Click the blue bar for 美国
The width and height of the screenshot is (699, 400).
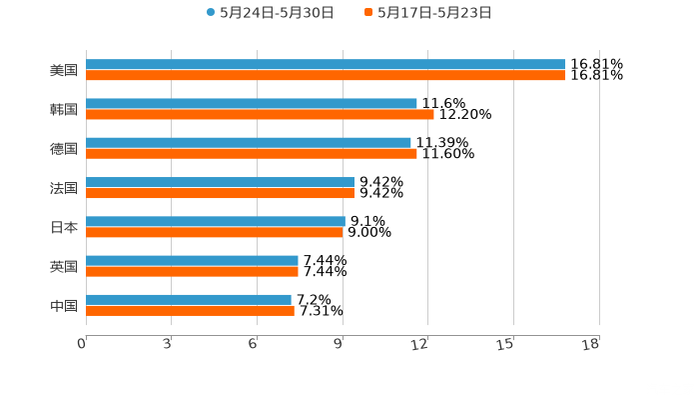coord(326,64)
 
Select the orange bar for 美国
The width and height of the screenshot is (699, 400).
coord(326,75)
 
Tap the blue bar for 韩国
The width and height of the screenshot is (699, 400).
coord(252,103)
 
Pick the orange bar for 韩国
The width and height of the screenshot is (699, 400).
coord(260,114)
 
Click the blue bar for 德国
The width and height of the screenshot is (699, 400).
coord(249,142)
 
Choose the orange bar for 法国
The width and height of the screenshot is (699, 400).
coord(220,193)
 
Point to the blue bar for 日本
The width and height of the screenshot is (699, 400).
coord(216,221)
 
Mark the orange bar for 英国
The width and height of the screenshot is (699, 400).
coord(192,271)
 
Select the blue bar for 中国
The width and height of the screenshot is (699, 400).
coord(189,299)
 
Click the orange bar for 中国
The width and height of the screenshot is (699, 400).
coord(190,310)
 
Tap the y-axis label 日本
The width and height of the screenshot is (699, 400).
coord(64,227)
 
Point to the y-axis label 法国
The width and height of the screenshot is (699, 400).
coord(64,188)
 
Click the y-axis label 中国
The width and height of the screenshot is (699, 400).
coord(64,305)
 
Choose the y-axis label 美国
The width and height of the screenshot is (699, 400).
coord(64,70)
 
